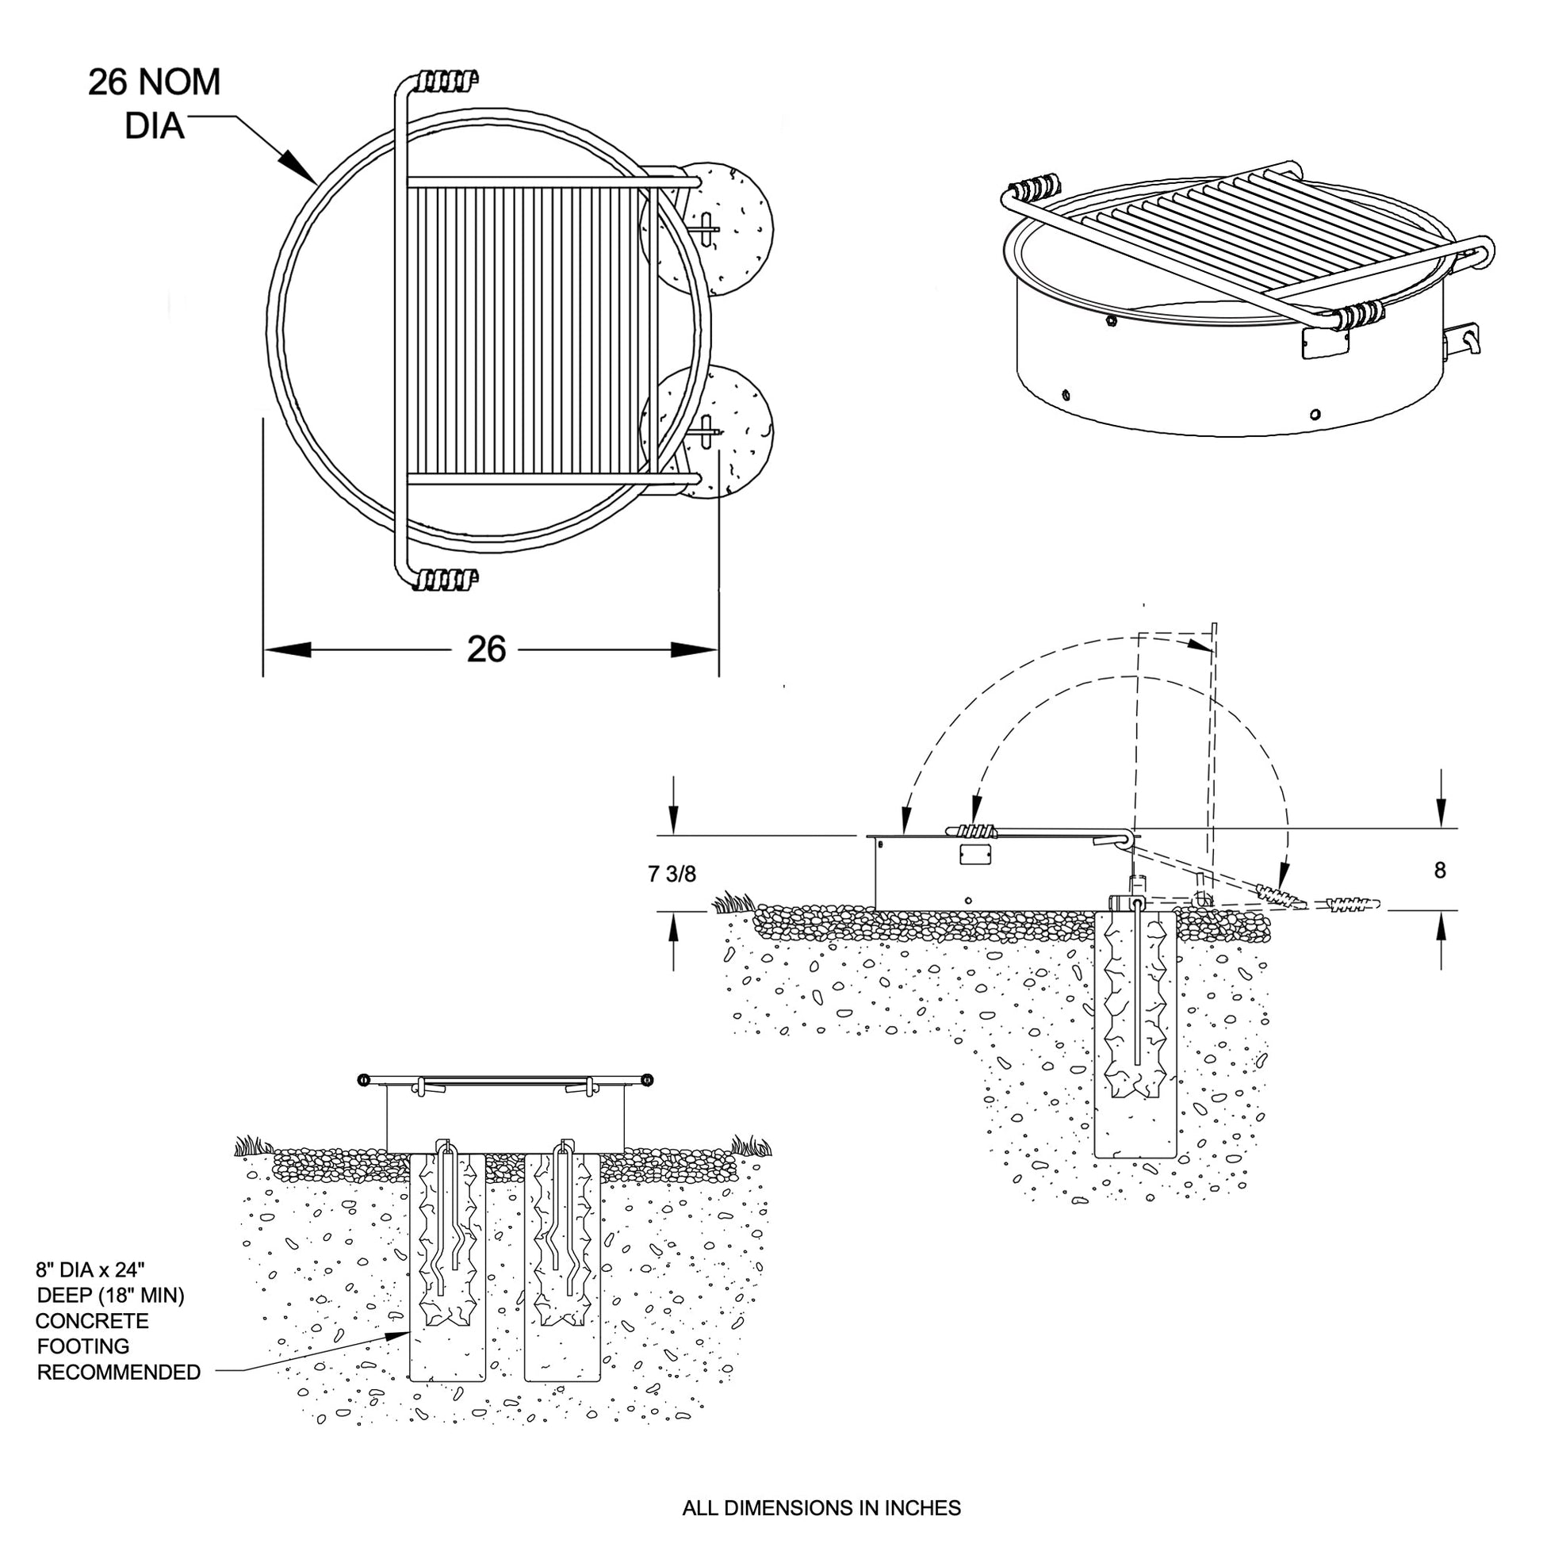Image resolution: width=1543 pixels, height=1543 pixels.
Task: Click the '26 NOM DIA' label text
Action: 154,104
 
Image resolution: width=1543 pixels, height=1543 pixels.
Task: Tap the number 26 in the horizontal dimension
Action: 485,649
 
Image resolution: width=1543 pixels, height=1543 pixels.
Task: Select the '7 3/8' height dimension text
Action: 672,874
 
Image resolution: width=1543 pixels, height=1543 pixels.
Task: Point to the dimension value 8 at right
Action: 1440,870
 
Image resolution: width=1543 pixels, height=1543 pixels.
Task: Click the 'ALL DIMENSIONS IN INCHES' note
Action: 821,1508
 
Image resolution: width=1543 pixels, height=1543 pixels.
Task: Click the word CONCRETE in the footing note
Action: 92,1321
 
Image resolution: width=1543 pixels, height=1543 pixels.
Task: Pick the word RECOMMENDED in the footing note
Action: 119,1372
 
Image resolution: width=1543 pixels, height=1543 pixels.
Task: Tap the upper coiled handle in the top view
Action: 448,81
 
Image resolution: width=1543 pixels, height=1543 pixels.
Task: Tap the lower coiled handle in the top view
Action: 448,579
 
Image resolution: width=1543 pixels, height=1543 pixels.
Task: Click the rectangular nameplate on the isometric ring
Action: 1325,342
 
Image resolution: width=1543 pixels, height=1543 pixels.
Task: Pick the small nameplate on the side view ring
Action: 975,855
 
